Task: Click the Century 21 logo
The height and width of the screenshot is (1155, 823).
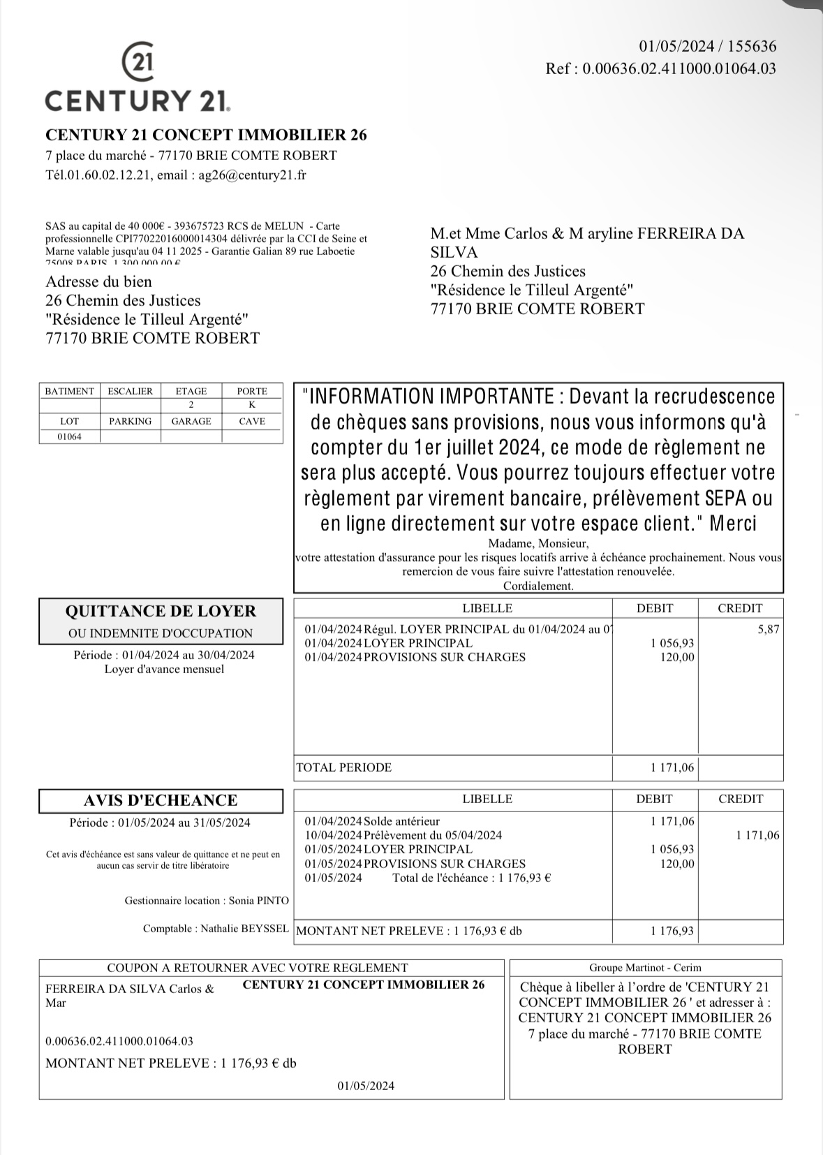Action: coord(138,78)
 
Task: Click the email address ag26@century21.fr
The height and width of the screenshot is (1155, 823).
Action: coord(252,175)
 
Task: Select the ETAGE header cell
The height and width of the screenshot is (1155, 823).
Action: coord(191,391)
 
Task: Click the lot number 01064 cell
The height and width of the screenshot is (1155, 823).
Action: coord(69,436)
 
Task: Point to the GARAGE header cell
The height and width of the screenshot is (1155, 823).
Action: coord(191,421)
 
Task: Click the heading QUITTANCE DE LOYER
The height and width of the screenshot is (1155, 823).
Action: coord(161,611)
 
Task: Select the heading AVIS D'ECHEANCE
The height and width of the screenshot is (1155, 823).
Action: coord(161,800)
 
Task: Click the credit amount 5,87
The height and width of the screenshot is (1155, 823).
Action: coord(768,629)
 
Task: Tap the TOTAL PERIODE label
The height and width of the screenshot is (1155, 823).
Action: coord(344,767)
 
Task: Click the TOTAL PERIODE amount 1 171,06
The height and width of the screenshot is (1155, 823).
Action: coord(672,767)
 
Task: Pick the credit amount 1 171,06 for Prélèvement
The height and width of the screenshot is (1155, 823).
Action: coord(757,835)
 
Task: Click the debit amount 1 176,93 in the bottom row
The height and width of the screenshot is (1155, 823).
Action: coord(672,931)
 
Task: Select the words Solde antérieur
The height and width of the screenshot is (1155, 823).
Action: coord(402,821)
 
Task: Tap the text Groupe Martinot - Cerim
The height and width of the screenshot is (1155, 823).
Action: coord(645,968)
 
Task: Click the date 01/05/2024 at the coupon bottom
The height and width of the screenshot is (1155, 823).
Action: coord(366,1085)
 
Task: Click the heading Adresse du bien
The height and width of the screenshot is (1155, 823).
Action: coord(98,281)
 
